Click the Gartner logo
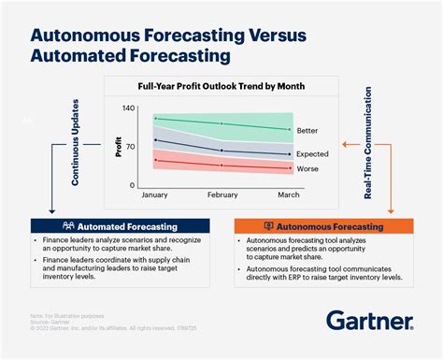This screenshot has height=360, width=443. tap(369, 321)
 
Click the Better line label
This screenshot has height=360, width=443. tap(307, 131)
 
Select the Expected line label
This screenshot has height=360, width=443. tap(313, 153)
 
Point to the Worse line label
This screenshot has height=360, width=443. tap(307, 169)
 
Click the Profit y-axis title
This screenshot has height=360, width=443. tap(119, 147)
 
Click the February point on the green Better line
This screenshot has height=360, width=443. tap(221, 123)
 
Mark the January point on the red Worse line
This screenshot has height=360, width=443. tap(155, 161)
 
